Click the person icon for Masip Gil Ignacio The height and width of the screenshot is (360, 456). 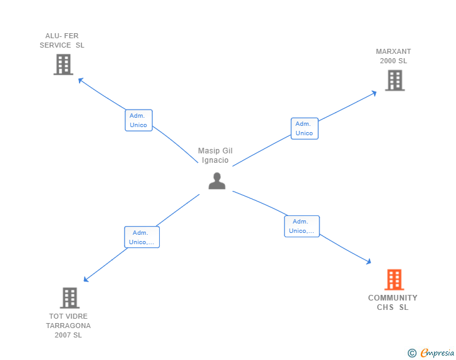(217, 181)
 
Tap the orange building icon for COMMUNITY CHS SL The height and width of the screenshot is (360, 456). (395, 279)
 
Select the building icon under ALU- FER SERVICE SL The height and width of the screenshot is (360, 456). (63, 64)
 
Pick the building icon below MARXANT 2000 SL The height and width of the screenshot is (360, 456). (395, 80)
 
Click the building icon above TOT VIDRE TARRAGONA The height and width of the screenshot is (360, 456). (70, 298)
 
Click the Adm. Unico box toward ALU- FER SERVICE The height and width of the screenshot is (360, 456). (138, 120)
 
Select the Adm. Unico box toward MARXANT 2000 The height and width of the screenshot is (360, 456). (305, 128)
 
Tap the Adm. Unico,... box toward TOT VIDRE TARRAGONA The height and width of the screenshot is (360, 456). (142, 237)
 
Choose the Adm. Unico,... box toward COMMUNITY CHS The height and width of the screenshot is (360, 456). (302, 226)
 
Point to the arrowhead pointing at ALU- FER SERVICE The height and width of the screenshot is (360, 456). (81, 80)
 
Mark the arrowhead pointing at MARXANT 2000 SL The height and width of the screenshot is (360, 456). (375, 93)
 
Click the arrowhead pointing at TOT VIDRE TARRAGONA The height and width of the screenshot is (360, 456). (86, 279)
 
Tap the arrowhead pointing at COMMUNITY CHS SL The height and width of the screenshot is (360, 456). (369, 262)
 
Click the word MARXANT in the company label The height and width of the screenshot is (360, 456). (393, 51)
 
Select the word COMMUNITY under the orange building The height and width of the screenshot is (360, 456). (393, 298)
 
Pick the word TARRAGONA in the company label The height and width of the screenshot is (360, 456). (68, 326)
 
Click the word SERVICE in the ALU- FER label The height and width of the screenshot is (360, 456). (55, 45)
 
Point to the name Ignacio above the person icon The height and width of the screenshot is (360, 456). (215, 160)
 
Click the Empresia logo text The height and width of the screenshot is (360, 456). (437, 352)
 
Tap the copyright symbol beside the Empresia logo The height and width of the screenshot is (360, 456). (412, 353)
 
